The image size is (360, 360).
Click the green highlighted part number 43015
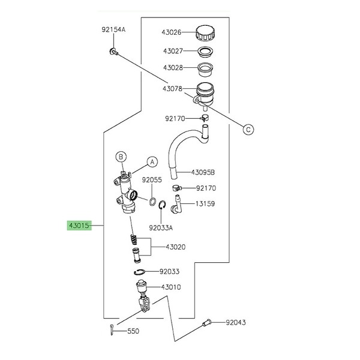[x=79, y=226]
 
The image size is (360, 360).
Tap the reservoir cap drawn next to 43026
[x=205, y=33]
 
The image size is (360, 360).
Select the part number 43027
[x=173, y=51]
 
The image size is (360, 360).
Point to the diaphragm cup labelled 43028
[x=205, y=70]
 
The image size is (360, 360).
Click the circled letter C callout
[x=248, y=130]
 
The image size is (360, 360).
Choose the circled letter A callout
[x=152, y=162]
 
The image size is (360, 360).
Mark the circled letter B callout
[x=121, y=157]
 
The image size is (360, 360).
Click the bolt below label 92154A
[x=113, y=52]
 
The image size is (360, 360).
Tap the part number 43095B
[x=203, y=172]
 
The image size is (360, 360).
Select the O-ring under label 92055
[x=152, y=202]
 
